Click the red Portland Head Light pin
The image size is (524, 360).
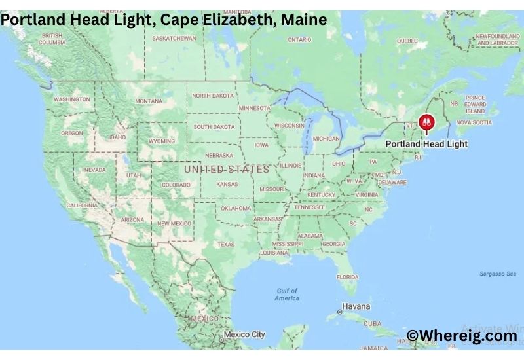[426, 122]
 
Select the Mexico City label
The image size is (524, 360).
[244, 334]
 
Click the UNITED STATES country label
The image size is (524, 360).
[227, 169]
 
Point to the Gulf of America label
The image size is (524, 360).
[287, 294]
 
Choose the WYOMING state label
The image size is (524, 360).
[162, 141]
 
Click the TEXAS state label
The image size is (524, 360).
[225, 245]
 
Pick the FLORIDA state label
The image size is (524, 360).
[347, 276]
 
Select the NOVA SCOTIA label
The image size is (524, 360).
[474, 122]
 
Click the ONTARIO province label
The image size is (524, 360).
[299, 40]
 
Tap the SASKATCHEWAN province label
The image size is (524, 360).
[174, 38]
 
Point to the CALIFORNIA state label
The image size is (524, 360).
[82, 206]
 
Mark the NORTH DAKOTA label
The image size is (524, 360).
[212, 96]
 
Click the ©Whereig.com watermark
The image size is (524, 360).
[462, 336]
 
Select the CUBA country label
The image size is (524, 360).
[372, 323]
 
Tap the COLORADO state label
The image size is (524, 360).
[176, 185]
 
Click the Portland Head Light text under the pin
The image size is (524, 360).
[426, 143]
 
